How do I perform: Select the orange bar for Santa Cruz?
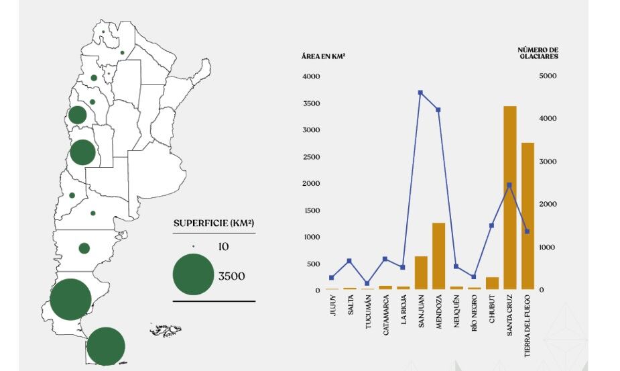click(510, 198)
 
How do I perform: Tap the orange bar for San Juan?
click(421, 272)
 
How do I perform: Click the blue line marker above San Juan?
click(420, 93)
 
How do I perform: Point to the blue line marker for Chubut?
click(491, 225)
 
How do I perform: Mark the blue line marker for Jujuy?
click(331, 277)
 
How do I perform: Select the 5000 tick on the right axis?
click(548, 76)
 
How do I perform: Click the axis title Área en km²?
click(323, 56)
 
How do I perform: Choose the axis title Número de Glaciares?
click(538, 53)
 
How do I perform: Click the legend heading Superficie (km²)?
click(214, 223)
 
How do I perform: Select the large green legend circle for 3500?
click(194, 275)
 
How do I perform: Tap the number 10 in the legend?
click(223, 247)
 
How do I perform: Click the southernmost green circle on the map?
click(105, 346)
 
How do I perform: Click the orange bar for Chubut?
click(492, 282)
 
